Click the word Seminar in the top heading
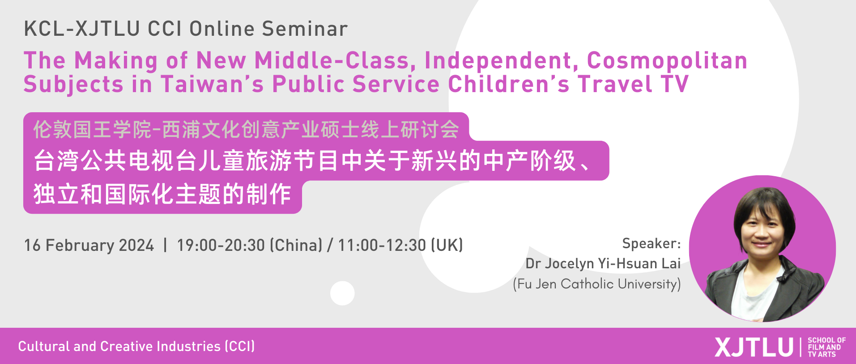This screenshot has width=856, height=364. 305,29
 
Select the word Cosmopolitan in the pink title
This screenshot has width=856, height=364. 667,61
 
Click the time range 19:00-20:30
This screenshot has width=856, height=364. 221,245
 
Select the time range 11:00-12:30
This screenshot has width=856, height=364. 382,245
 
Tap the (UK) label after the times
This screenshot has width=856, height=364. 447,245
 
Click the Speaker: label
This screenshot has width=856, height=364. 652,243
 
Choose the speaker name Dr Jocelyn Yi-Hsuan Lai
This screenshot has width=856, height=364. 603,263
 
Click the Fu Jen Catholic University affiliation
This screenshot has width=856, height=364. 597,284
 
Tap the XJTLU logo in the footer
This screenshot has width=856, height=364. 754,347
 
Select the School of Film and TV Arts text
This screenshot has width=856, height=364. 826,347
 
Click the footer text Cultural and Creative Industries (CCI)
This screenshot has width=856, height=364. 136,346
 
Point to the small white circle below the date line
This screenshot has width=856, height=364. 342,293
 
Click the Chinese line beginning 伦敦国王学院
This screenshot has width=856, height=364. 246,130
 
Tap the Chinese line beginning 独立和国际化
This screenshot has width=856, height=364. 162,195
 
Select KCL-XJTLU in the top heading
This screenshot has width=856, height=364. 82,29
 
